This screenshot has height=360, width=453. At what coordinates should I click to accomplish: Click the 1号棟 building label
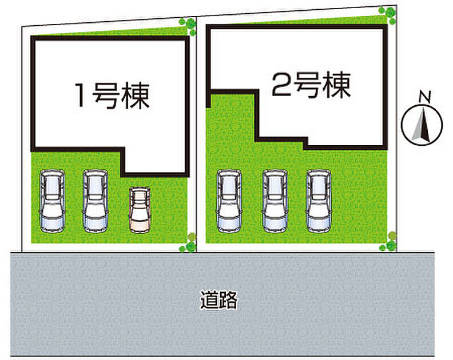[112, 96]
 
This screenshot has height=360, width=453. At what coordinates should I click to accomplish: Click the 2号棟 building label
[311, 85]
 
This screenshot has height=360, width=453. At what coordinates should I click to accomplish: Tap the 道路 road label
[219, 300]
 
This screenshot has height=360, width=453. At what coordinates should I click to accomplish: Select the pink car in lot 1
[140, 210]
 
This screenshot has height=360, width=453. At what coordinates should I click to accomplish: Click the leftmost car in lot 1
[52, 201]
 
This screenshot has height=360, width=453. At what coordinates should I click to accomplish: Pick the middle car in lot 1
[96, 201]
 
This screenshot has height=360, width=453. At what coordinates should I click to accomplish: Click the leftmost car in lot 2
[229, 201]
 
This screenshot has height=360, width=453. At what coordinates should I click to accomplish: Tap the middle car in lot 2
[275, 201]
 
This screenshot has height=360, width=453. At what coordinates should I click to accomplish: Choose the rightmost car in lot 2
[319, 201]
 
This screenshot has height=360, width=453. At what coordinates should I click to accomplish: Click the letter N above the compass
[425, 97]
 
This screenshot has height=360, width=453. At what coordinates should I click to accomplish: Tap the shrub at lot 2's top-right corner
[388, 15]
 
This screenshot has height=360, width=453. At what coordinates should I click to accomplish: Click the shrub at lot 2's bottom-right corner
[388, 241]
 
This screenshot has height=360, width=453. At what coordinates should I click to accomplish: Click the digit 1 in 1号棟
[81, 95]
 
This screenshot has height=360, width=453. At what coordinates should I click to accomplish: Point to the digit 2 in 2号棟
[281, 84]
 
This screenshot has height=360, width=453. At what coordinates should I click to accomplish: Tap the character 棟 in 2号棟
[337, 85]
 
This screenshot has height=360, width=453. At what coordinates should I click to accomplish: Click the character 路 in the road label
[229, 300]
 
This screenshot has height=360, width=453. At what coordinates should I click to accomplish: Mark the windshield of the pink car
[140, 215]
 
